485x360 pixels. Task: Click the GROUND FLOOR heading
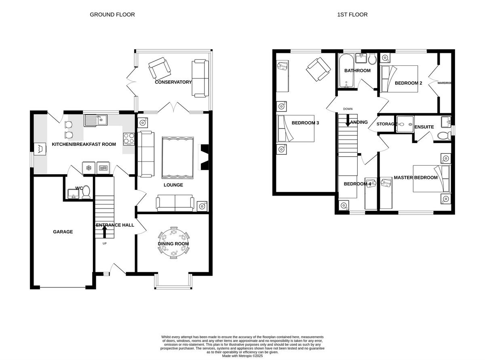(x=112, y=15)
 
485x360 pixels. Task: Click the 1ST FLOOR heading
(x=352, y=15)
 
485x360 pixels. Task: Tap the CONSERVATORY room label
(x=173, y=82)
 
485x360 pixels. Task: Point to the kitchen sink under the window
(x=95, y=120)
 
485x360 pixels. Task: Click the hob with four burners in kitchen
(x=129, y=139)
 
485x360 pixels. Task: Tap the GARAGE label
(x=63, y=232)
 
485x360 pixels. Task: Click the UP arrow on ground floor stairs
(x=104, y=231)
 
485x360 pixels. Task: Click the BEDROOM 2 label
(x=408, y=83)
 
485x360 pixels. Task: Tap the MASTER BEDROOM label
(x=415, y=177)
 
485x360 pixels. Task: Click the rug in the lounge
(x=177, y=158)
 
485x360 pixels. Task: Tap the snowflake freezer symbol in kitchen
(x=89, y=168)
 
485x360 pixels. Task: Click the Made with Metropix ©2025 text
(x=242, y=356)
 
